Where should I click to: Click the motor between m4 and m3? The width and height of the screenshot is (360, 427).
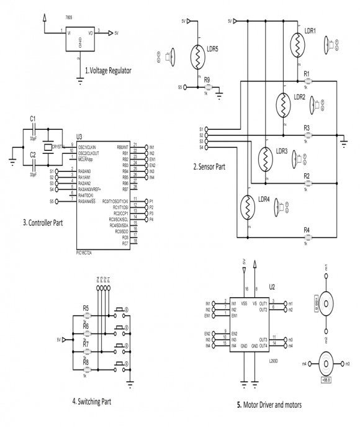pos(326,362)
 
